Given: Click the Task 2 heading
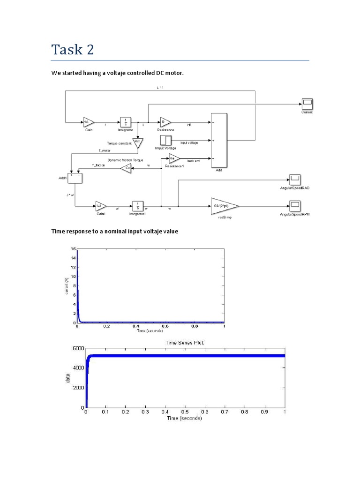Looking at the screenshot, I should tap(73, 49).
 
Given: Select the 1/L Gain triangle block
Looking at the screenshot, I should tap(88, 122).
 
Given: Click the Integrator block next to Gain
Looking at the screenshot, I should tap(125, 122).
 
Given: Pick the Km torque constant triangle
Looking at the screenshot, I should tap(138, 142).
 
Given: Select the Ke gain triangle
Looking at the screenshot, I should tap(173, 158).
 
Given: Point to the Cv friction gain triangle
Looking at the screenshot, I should tap(126, 168).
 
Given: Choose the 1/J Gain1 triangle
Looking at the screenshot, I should tap(101, 206).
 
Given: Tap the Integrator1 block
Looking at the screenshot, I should tap(138, 206).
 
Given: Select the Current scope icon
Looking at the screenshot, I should tap(307, 104).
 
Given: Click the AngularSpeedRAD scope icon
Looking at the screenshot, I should tap(295, 179).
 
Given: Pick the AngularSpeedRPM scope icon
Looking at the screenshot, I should tap(295, 205).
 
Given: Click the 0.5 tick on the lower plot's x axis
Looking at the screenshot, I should tap(186, 412).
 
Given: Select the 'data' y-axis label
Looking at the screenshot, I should tap(68, 378).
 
